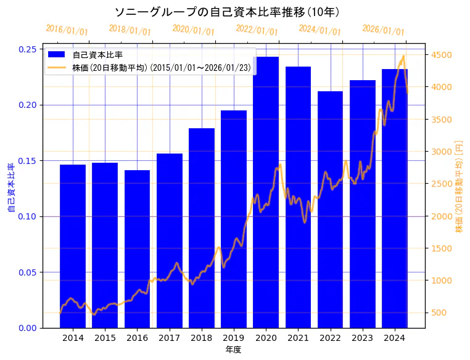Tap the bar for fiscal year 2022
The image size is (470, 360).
pyautogui.click(x=330, y=210)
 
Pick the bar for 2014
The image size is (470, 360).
pyautogui.click(x=73, y=246)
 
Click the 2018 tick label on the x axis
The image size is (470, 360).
pyautogui.click(x=202, y=338)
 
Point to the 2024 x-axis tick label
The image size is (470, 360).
pyautogui.click(x=395, y=338)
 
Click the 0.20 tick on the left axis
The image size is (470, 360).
pyautogui.click(x=27, y=105)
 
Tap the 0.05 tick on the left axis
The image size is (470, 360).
pyautogui.click(x=27, y=272)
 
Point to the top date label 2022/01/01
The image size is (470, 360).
pyautogui.click(x=257, y=30)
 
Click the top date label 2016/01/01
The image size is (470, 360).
pyautogui.click(x=67, y=30)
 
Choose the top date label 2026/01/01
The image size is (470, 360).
pyautogui.click(x=384, y=30)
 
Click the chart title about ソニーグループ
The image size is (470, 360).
pyautogui.click(x=228, y=12)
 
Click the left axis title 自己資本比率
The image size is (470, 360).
pyautogui.click(x=10, y=188)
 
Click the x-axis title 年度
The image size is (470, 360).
pyautogui.click(x=233, y=350)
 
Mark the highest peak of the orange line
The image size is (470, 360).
pyautogui.click(x=403, y=56)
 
